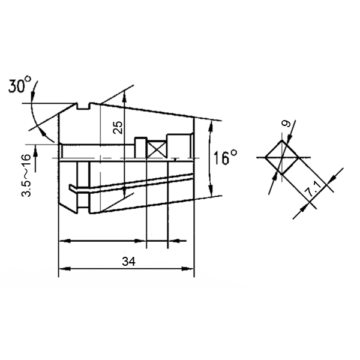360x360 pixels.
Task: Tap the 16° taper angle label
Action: click(x=226, y=158)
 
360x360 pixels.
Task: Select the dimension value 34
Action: click(x=127, y=262)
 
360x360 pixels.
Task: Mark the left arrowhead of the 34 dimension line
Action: click(x=62, y=268)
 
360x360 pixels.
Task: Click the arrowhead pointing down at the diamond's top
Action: click(x=282, y=142)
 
